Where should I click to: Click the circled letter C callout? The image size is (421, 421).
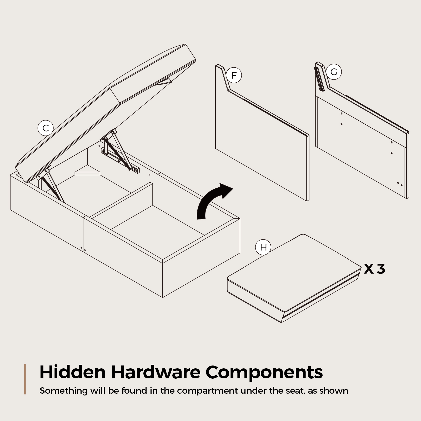pyautogui.click(x=46, y=128)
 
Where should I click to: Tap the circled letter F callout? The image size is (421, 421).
pyautogui.click(x=233, y=75)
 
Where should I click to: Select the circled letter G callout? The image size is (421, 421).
pyautogui.click(x=334, y=72)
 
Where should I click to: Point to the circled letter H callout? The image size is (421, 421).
pyautogui.click(x=263, y=247)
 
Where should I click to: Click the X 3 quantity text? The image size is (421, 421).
pyautogui.click(x=374, y=269)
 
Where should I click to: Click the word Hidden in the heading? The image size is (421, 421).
pyautogui.click(x=73, y=372)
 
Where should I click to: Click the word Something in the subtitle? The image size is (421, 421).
pyautogui.click(x=64, y=391)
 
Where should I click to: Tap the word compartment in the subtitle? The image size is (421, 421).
pyautogui.click(x=207, y=391)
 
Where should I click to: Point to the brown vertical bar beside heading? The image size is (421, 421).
pyautogui.click(x=25, y=379)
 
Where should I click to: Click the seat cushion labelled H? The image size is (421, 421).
pyautogui.click(x=294, y=278)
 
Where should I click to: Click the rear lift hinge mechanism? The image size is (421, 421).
pyautogui.click(x=120, y=151)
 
